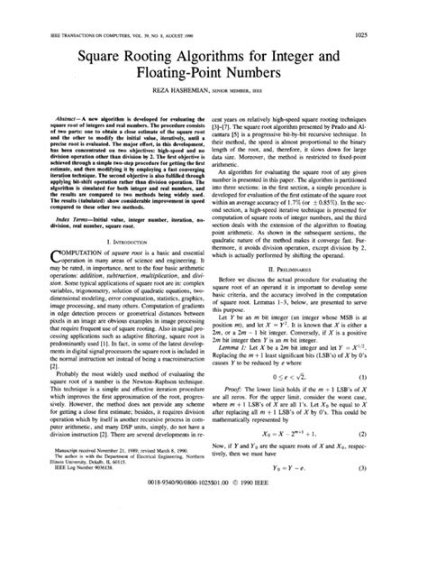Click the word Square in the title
88,63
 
